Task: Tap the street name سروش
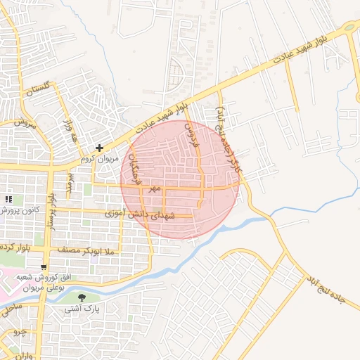tap(25, 122)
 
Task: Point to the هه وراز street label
tap(72, 131)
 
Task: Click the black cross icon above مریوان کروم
tap(101, 148)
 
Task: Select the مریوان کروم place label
tap(96, 159)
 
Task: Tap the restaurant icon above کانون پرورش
tap(10, 199)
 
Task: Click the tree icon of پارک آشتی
tap(82, 298)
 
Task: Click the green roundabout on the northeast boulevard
tap(349, 28)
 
